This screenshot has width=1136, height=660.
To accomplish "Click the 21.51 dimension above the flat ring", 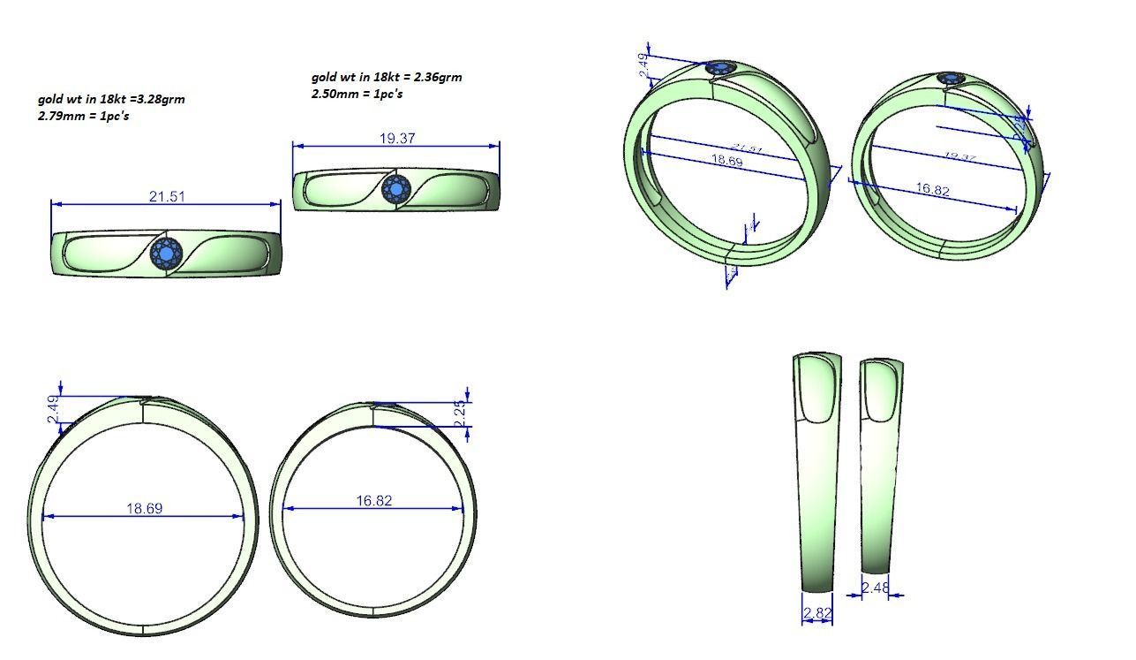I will coord(167,196).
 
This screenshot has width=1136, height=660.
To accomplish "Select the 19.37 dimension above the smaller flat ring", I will coord(397,139).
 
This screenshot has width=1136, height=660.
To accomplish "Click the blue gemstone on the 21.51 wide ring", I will coord(166,254).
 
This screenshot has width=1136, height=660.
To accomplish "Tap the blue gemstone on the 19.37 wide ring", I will coord(396,189).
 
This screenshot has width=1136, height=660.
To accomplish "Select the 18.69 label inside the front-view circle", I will coord(144,509).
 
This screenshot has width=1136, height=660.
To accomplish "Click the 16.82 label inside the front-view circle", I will coord(374,501).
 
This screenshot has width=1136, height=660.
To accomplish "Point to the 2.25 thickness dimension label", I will coord(459,413).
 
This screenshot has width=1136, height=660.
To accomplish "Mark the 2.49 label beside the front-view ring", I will coord(52,409).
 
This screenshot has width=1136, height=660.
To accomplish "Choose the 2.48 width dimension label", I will coord(875,587).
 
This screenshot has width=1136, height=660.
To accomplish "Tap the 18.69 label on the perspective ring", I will coord(726,161).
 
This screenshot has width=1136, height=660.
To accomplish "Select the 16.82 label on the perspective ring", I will coord(933,189).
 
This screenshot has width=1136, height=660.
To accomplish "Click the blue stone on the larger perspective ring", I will coord(722,69).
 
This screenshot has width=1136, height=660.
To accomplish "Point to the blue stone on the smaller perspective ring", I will coord(951,79).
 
